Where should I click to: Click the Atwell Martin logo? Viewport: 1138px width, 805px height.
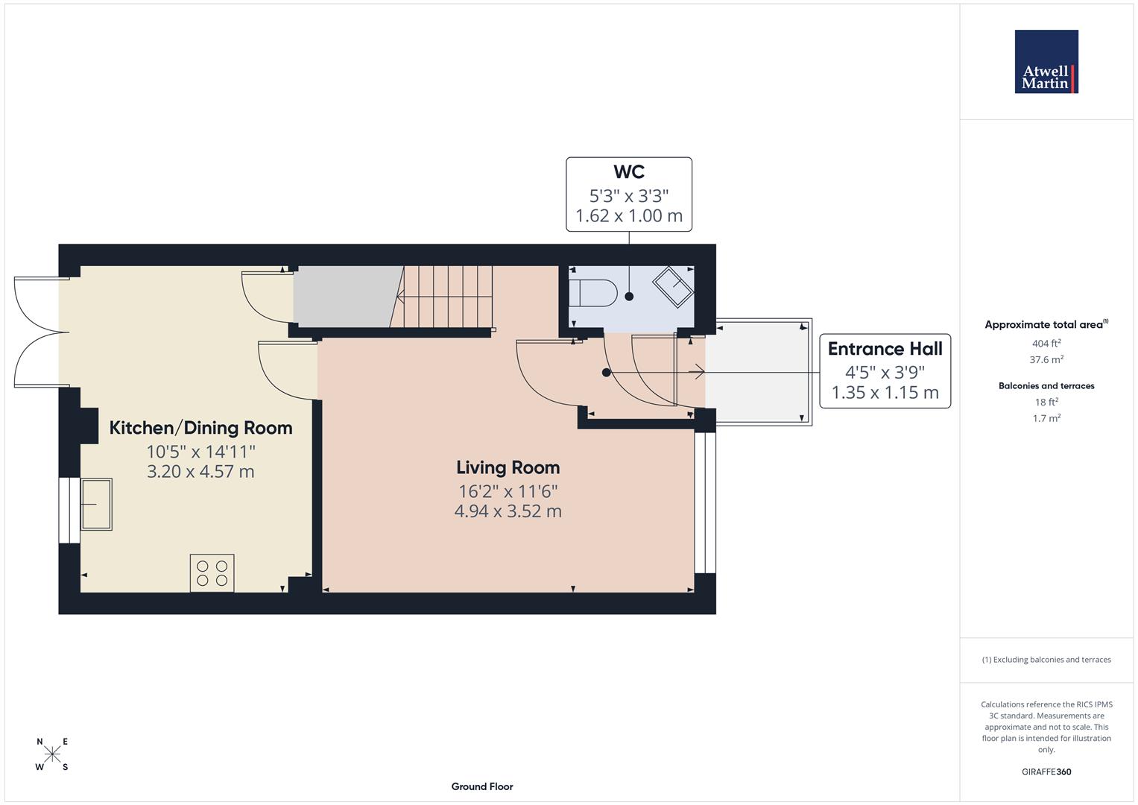1046,61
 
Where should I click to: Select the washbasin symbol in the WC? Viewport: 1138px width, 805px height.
673,287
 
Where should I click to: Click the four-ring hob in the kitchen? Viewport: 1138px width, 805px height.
212,573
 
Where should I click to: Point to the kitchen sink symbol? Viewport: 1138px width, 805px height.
96,504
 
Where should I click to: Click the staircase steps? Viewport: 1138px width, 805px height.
446,297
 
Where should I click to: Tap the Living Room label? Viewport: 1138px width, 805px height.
508,467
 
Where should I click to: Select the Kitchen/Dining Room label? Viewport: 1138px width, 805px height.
200,428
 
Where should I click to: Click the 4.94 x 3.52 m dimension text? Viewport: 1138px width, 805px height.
508,511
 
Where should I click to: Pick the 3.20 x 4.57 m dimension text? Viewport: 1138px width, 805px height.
200,472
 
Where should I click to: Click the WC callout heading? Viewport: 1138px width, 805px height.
629,172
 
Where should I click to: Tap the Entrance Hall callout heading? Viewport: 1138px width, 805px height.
885,349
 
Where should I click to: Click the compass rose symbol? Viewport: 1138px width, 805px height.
52,754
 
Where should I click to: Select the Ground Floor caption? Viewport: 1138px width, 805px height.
482,786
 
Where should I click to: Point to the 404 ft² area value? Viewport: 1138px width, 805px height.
1046,344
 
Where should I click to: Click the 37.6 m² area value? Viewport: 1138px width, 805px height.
1046,359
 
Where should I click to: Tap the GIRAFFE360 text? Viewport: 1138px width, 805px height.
1046,772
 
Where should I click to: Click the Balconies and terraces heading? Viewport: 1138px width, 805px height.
1046,386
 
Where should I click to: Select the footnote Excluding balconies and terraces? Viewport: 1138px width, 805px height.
1046,660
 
